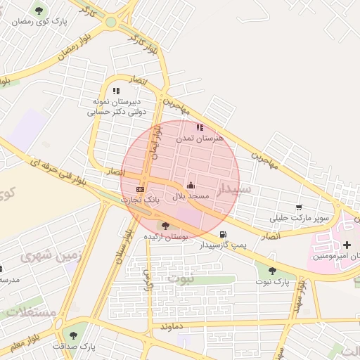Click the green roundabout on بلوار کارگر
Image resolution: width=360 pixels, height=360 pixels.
110,22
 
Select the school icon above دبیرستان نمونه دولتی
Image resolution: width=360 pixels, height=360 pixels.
116,91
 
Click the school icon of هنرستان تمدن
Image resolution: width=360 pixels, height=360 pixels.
200,128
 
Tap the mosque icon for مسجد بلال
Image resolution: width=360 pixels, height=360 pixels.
191,186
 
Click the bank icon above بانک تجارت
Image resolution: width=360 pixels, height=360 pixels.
140,189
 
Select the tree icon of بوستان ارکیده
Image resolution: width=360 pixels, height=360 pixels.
165,226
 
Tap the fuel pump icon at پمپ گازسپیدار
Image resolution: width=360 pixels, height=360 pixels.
223,234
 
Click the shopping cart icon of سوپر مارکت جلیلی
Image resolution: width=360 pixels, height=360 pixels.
300,207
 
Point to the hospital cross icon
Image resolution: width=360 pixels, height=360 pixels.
347,244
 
